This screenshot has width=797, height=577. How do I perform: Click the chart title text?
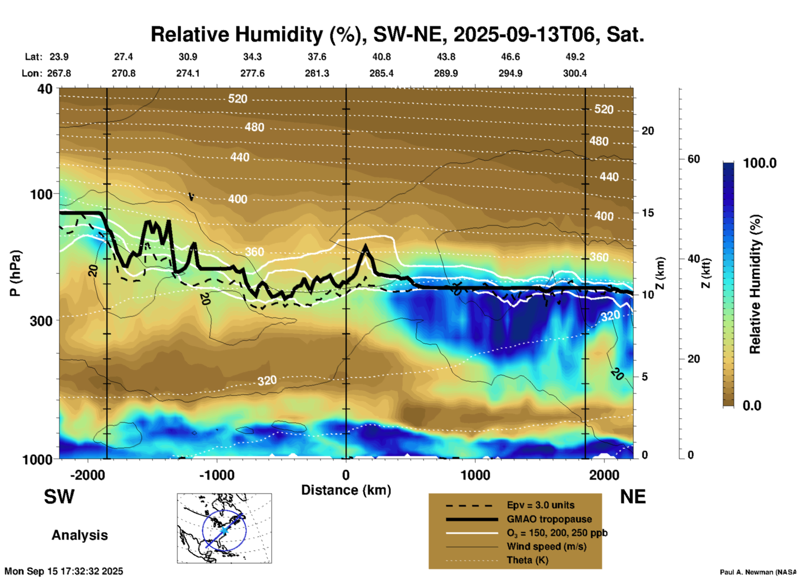397,35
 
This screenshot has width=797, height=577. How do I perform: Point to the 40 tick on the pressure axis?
45,89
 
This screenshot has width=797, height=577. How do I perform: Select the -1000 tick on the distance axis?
217,475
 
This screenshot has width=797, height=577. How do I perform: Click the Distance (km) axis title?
346,490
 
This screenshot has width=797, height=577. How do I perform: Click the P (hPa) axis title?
15,273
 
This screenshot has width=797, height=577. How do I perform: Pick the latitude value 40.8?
381,57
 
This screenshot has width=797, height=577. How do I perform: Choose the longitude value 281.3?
317,74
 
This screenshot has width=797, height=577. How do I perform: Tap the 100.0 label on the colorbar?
760,163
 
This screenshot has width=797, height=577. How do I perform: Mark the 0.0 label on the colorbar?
752,406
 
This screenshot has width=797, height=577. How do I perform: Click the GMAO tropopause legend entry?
549,519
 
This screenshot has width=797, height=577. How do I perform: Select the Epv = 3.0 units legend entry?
540,505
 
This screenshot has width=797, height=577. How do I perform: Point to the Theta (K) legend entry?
527,560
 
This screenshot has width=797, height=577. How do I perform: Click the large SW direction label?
59,497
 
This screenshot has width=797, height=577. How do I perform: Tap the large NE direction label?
633,497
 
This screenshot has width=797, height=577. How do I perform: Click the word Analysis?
79,535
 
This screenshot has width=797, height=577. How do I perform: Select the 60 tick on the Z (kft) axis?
694,159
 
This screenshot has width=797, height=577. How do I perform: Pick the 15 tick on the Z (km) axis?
648,213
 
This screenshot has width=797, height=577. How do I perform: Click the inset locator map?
224,528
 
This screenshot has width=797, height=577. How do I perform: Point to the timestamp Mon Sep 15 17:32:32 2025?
64,571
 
